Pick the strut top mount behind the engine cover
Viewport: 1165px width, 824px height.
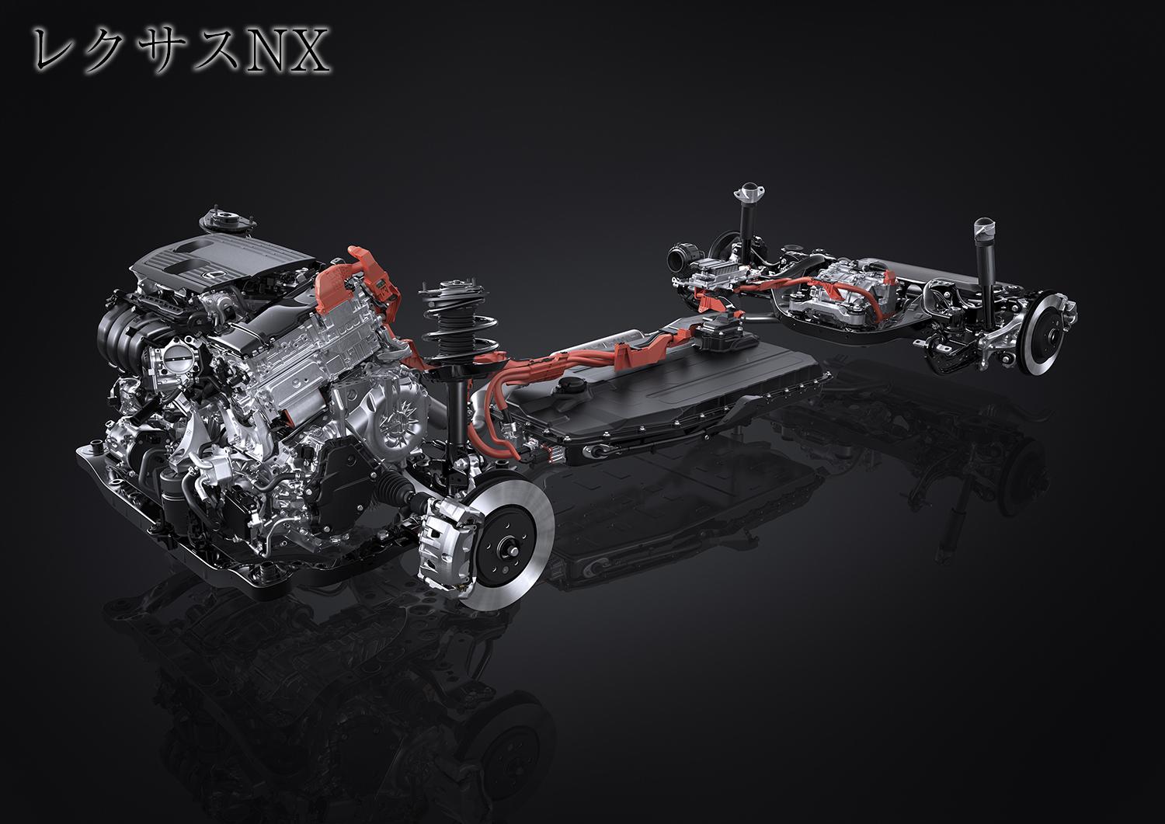tap(217, 221)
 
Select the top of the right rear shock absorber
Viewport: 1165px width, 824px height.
tap(986, 228)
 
